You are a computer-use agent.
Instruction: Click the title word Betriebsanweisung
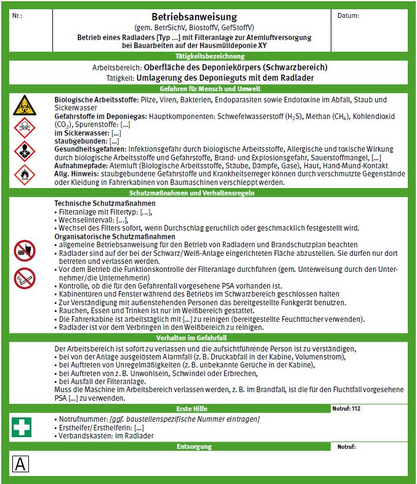pos(185,17)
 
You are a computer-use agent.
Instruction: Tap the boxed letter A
pos(20,464)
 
